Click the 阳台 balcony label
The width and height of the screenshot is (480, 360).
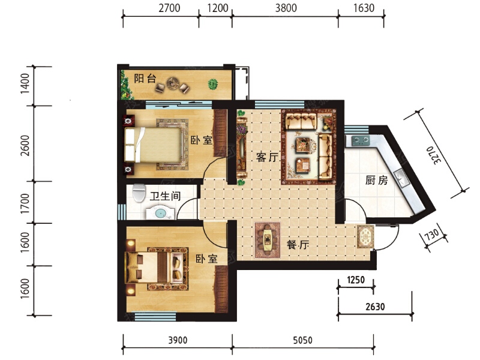(x=145, y=79)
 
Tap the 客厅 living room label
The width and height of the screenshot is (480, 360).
(x=268, y=157)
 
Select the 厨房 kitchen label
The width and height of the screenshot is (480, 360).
(x=377, y=180)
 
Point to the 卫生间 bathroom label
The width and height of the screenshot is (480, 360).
(x=166, y=196)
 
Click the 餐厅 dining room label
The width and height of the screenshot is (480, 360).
(x=298, y=245)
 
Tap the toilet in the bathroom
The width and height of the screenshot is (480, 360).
(x=139, y=193)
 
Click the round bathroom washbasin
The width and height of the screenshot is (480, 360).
(x=160, y=214)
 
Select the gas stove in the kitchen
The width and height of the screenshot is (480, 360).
(x=361, y=140)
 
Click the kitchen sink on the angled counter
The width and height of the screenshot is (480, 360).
(x=401, y=178)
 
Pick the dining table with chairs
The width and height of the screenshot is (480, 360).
(x=267, y=240)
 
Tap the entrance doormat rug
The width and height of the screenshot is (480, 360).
(x=365, y=236)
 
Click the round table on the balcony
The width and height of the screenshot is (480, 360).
(x=173, y=83)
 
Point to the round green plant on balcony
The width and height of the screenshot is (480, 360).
(x=213, y=84)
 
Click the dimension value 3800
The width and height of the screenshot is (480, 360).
(x=286, y=8)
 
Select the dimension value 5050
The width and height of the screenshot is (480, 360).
(x=302, y=340)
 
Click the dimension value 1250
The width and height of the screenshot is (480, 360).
(x=356, y=280)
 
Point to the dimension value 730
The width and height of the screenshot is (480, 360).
(x=432, y=235)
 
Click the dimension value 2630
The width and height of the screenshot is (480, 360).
(x=375, y=307)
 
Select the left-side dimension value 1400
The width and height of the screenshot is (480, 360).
(x=25, y=83)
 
